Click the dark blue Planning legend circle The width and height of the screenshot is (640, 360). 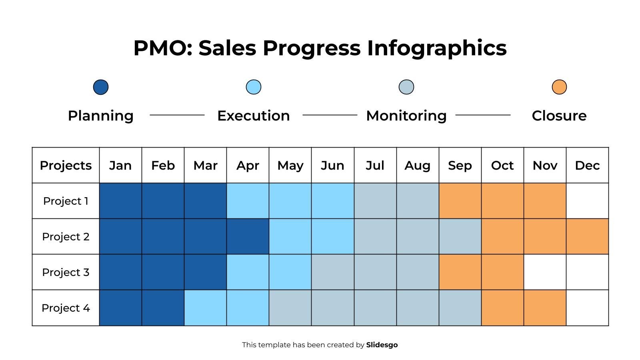click(x=101, y=87)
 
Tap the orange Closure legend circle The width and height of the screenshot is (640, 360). click(x=559, y=87)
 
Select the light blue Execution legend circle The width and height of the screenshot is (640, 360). click(x=253, y=87)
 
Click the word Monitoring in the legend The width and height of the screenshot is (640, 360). click(x=406, y=116)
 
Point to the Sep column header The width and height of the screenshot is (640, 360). click(x=460, y=165)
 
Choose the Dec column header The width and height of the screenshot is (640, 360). click(x=587, y=165)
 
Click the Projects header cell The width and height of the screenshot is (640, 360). click(x=66, y=165)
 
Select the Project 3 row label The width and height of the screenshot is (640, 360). click(x=66, y=272)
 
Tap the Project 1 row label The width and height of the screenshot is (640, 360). click(x=66, y=201)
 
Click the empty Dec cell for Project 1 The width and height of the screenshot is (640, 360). click(x=587, y=201)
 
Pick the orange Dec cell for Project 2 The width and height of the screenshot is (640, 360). click(x=587, y=236)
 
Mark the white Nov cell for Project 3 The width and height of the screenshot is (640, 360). click(x=544, y=272)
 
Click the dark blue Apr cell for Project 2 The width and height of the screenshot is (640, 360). click(x=248, y=236)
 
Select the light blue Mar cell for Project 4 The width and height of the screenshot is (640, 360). click(x=205, y=308)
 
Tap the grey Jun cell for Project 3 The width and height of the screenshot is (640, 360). click(x=332, y=272)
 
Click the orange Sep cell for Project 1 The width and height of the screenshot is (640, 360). click(x=460, y=201)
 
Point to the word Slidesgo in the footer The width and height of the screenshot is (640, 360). click(x=382, y=345)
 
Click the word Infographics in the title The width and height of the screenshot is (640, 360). click(x=437, y=48)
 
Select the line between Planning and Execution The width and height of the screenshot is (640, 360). click(x=177, y=115)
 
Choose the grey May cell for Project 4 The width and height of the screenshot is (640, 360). click(x=290, y=308)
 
